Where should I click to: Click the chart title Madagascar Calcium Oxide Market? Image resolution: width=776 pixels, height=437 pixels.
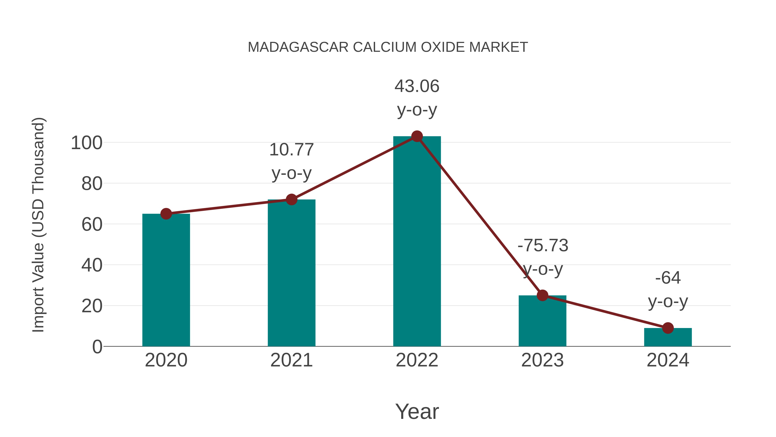point(388,47)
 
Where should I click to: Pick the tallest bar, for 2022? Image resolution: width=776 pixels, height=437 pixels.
point(417,241)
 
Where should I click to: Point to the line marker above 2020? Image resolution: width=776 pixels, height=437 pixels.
point(166,214)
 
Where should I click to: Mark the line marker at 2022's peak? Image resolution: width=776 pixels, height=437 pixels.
point(417,136)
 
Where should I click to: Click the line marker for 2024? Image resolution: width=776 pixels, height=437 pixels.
point(668,328)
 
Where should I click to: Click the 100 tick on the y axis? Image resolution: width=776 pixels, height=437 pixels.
point(87,143)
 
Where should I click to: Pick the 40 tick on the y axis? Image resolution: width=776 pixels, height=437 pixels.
point(92,265)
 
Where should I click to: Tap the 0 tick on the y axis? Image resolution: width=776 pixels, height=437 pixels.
point(97,347)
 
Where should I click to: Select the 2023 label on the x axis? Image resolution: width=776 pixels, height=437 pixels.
point(542,360)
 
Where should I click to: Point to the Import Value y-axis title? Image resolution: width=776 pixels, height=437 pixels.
point(39,225)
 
